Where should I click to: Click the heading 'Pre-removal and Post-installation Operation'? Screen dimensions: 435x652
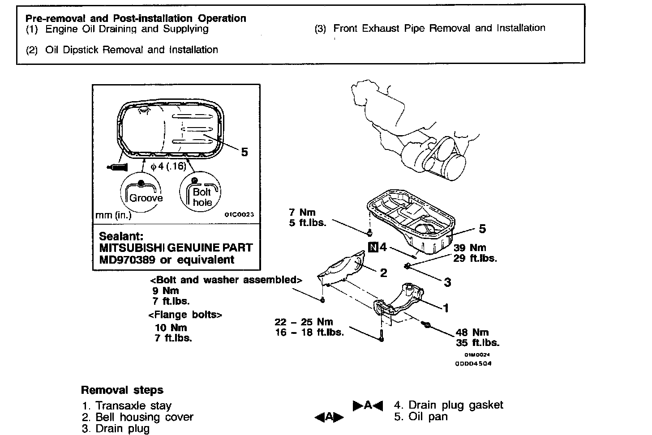point(136,18)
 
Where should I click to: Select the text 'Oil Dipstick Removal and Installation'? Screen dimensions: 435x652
point(131,50)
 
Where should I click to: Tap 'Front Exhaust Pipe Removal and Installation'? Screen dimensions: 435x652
point(439,28)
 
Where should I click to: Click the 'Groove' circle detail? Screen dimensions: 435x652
point(142,194)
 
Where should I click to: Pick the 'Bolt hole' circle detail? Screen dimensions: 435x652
point(201,194)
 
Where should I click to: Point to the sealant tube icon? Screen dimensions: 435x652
point(118,167)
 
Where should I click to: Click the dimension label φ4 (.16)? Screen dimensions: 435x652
point(168,166)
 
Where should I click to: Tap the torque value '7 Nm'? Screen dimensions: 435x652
point(302,212)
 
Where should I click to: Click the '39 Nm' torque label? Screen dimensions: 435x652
point(470,247)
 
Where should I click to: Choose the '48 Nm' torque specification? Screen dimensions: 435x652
point(472,332)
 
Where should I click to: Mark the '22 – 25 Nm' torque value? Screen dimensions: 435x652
point(304,322)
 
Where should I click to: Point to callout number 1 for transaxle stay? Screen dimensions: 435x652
point(446,307)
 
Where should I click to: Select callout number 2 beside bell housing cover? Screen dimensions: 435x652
point(383,272)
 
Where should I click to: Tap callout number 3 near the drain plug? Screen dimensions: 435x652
point(447,282)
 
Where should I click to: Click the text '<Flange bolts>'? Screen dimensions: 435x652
point(185,314)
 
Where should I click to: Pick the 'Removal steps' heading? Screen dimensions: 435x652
point(122,390)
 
